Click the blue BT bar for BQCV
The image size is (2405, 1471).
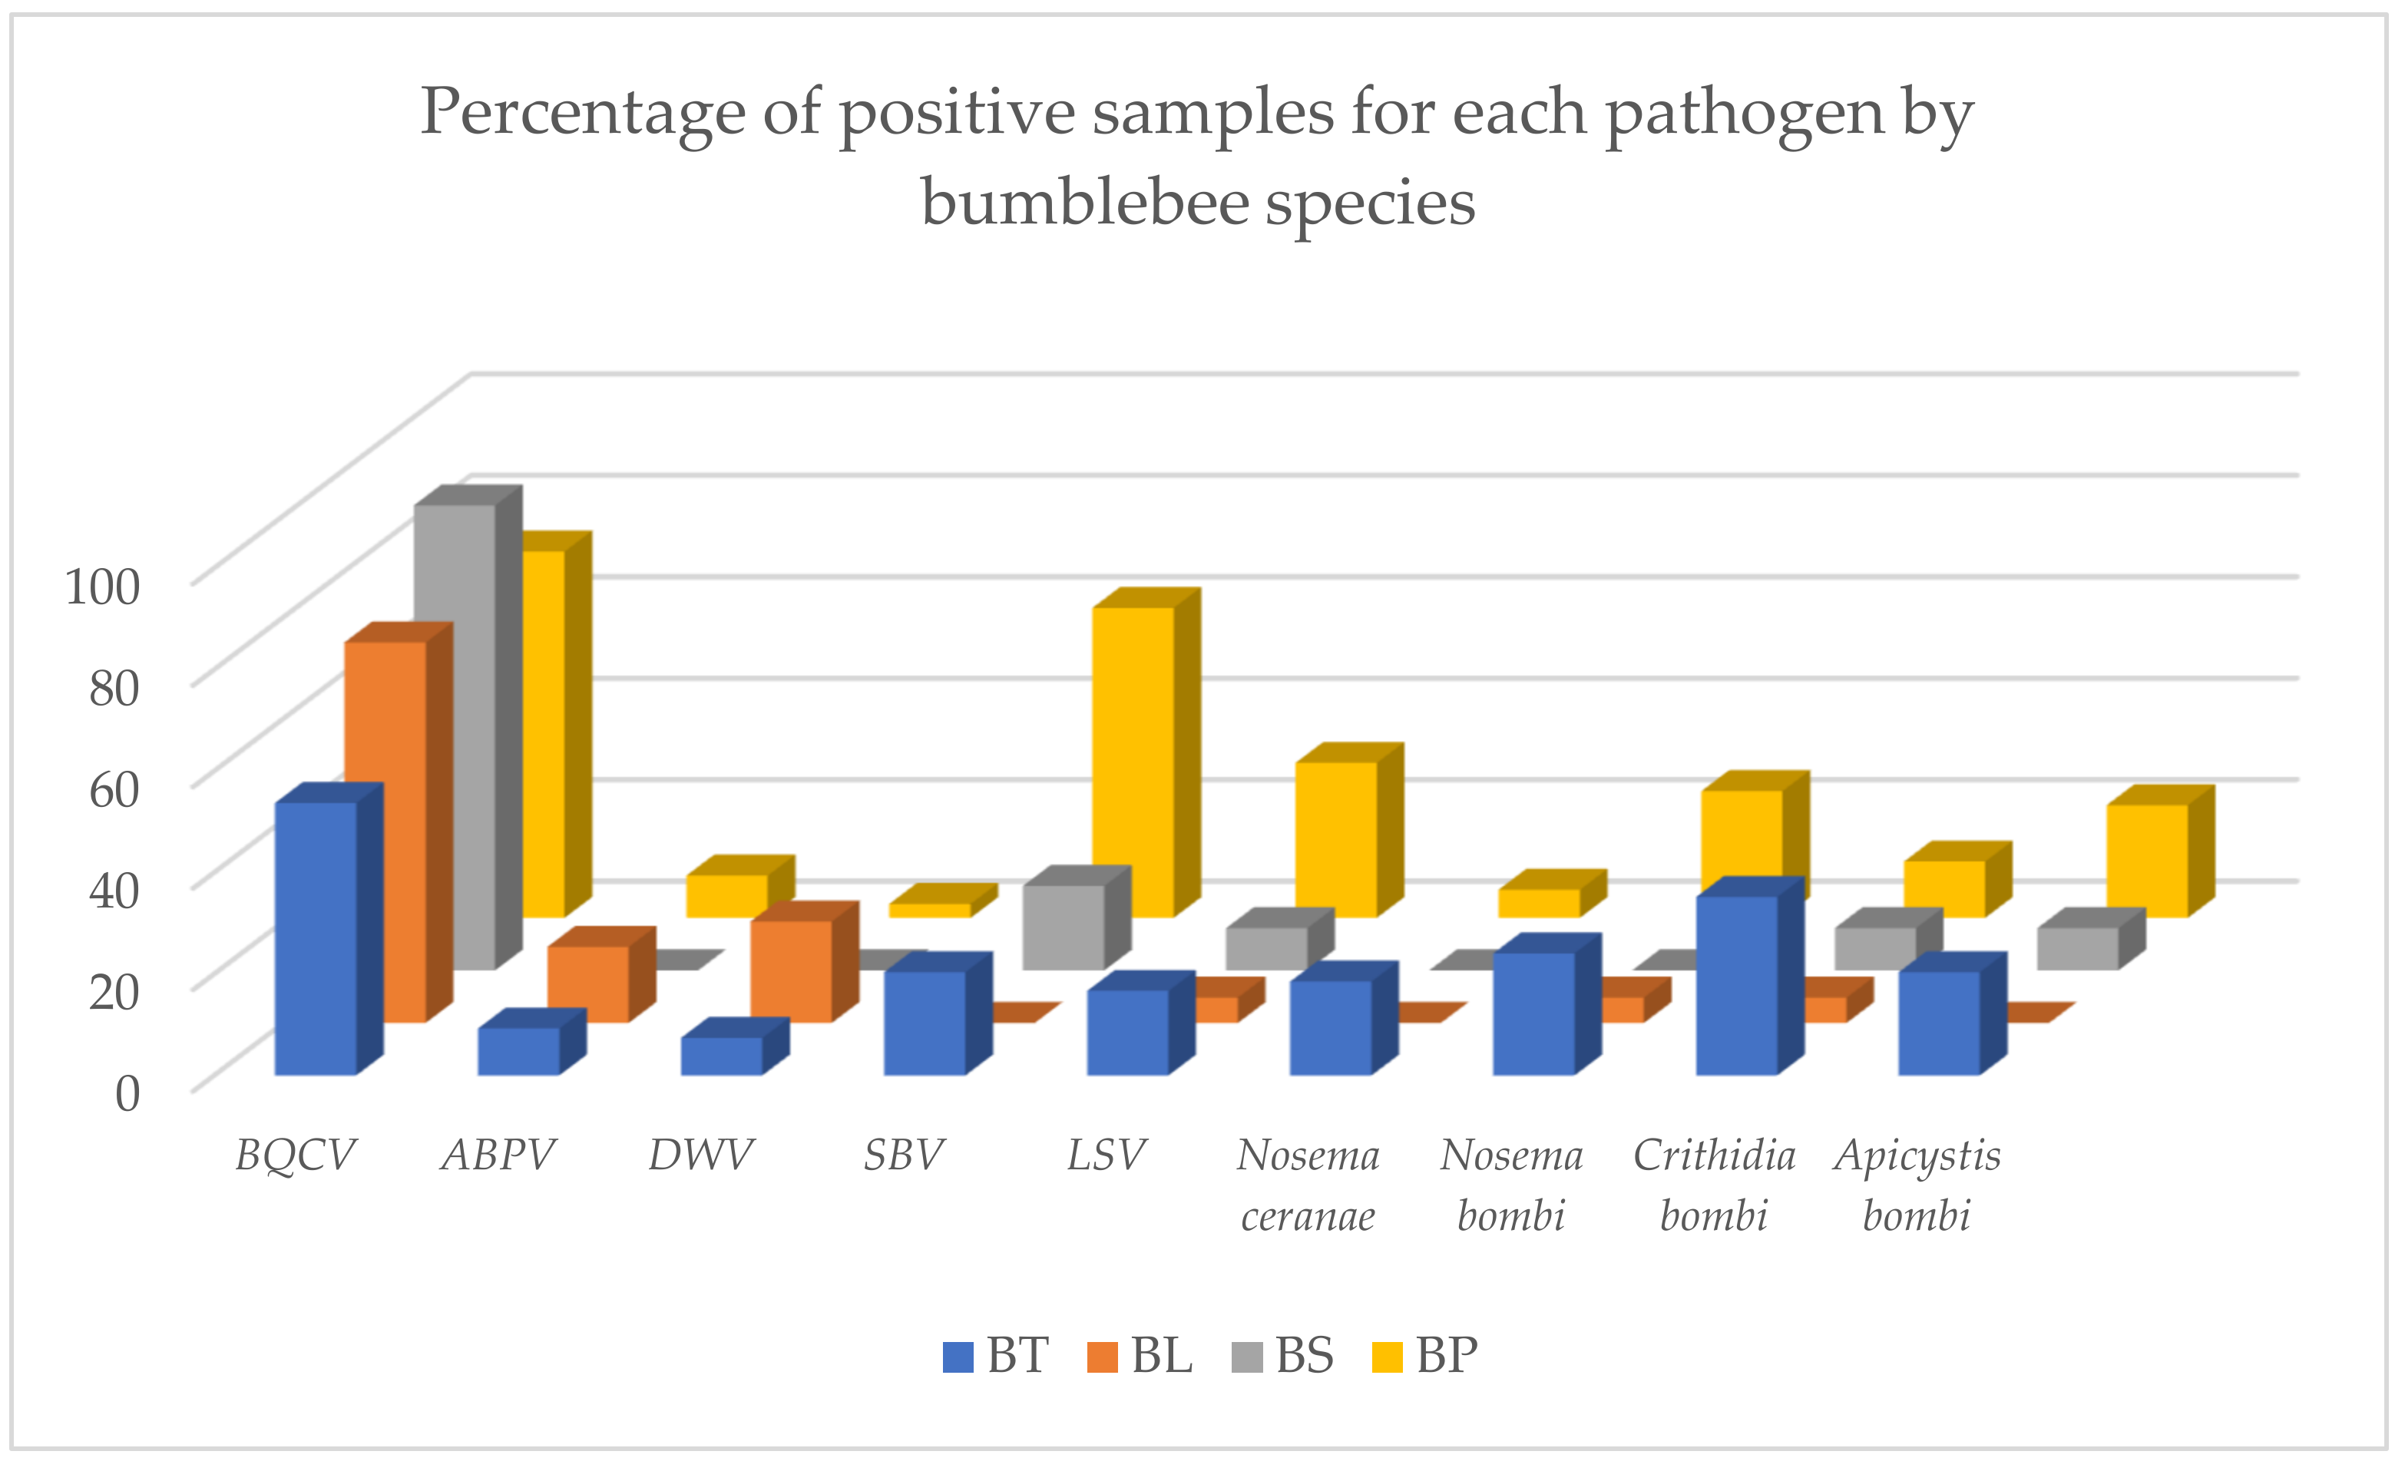(316, 938)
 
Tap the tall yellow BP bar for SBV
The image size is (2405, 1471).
(1132, 762)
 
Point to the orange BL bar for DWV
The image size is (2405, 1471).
(791, 971)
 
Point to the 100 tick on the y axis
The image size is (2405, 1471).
(101, 587)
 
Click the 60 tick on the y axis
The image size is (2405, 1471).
(114, 788)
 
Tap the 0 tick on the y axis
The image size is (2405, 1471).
(127, 1093)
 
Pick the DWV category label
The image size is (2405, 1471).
(701, 1155)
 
